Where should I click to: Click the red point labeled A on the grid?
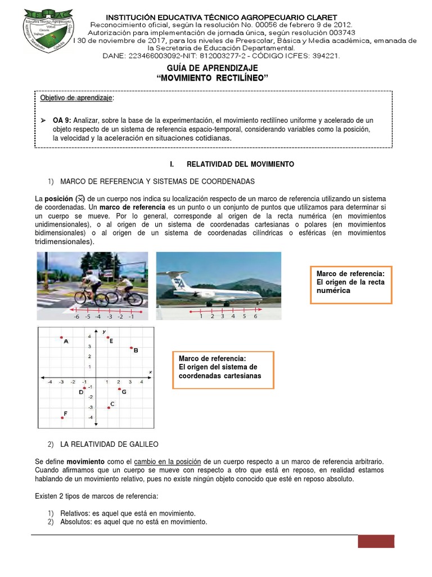click(x=61, y=338)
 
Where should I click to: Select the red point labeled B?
click(x=131, y=348)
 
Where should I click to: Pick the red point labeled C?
click(x=109, y=407)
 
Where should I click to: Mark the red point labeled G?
click(x=119, y=389)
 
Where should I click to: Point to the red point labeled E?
click(x=107, y=338)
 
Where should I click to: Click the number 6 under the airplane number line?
click(x=255, y=317)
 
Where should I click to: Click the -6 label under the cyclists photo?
click(x=76, y=317)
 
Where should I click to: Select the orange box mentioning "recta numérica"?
click(x=351, y=285)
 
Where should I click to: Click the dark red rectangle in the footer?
click(x=376, y=541)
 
